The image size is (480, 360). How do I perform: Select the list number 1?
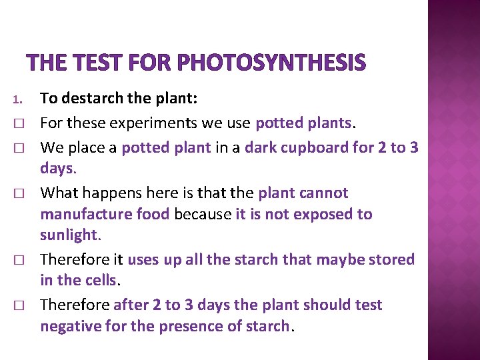18,101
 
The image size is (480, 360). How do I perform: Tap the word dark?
259,147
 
